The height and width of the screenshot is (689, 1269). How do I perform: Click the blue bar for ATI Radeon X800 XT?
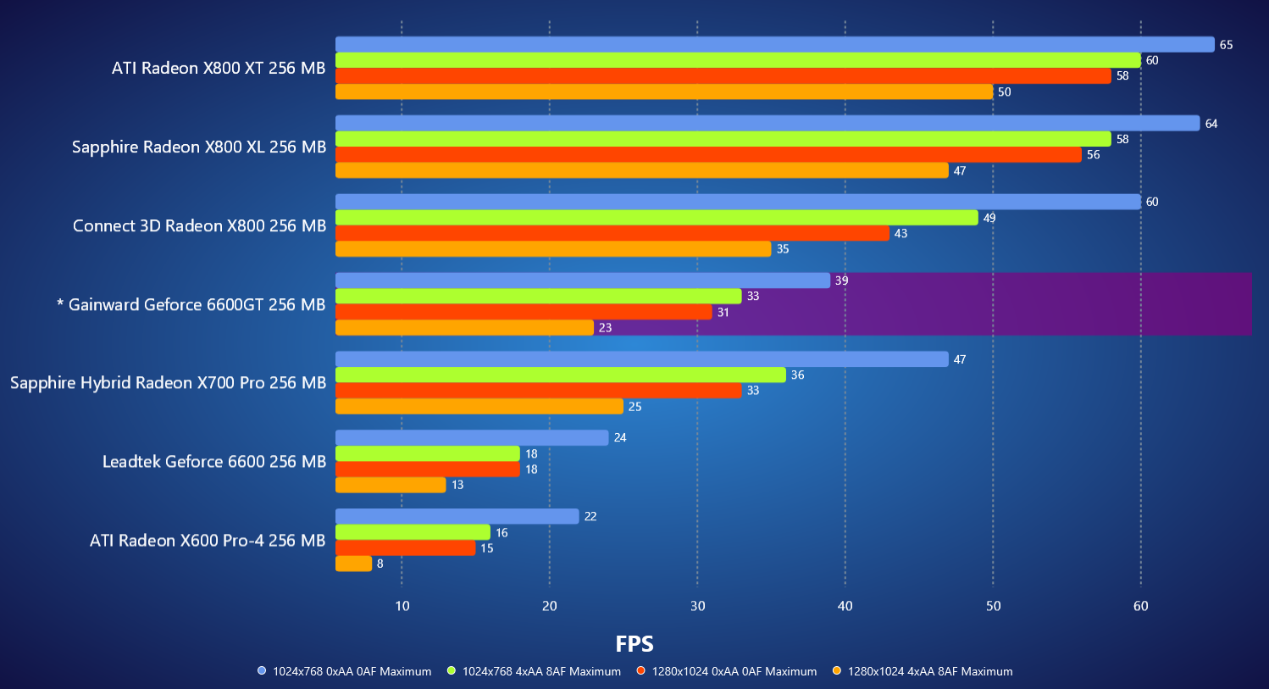[774, 45]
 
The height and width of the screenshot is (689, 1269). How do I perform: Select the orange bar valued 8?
[353, 564]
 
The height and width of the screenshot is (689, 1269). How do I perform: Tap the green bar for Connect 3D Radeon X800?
[657, 218]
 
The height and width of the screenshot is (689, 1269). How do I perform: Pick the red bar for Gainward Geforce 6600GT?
[524, 313]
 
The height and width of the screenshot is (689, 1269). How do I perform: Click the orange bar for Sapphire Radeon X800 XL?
[641, 170]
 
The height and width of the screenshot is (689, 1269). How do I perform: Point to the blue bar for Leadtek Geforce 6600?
[472, 438]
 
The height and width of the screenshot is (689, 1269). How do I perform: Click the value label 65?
[1226, 45]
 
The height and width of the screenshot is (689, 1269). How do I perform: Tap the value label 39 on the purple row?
[841, 281]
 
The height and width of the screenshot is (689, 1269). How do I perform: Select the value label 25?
[634, 407]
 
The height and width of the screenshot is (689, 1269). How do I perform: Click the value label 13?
[457, 485]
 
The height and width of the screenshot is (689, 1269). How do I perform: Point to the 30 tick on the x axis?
[697, 606]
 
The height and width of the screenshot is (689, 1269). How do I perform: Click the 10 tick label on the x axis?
[402, 606]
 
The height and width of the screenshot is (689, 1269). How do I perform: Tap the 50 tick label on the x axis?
[993, 606]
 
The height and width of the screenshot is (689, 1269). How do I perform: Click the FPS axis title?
[634, 644]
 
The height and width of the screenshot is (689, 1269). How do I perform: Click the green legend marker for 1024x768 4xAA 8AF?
[452, 671]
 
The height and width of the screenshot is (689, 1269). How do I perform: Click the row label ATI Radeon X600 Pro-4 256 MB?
[208, 541]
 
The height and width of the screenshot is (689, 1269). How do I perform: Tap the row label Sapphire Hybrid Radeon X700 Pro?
[168, 383]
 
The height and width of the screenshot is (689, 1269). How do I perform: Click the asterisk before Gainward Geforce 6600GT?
[60, 303]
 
